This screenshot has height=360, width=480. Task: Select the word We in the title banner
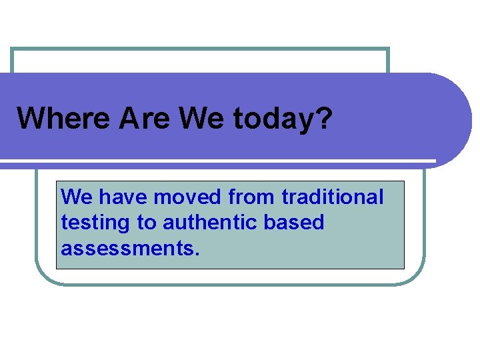pyautogui.click(x=203, y=119)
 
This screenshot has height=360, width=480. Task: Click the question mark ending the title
pyautogui.click(x=323, y=119)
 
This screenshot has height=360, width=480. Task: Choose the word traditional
pyautogui.click(x=333, y=197)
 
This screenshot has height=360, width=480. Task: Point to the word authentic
pyautogui.click(x=210, y=223)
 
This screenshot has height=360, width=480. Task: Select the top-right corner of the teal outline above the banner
pyautogui.click(x=387, y=49)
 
